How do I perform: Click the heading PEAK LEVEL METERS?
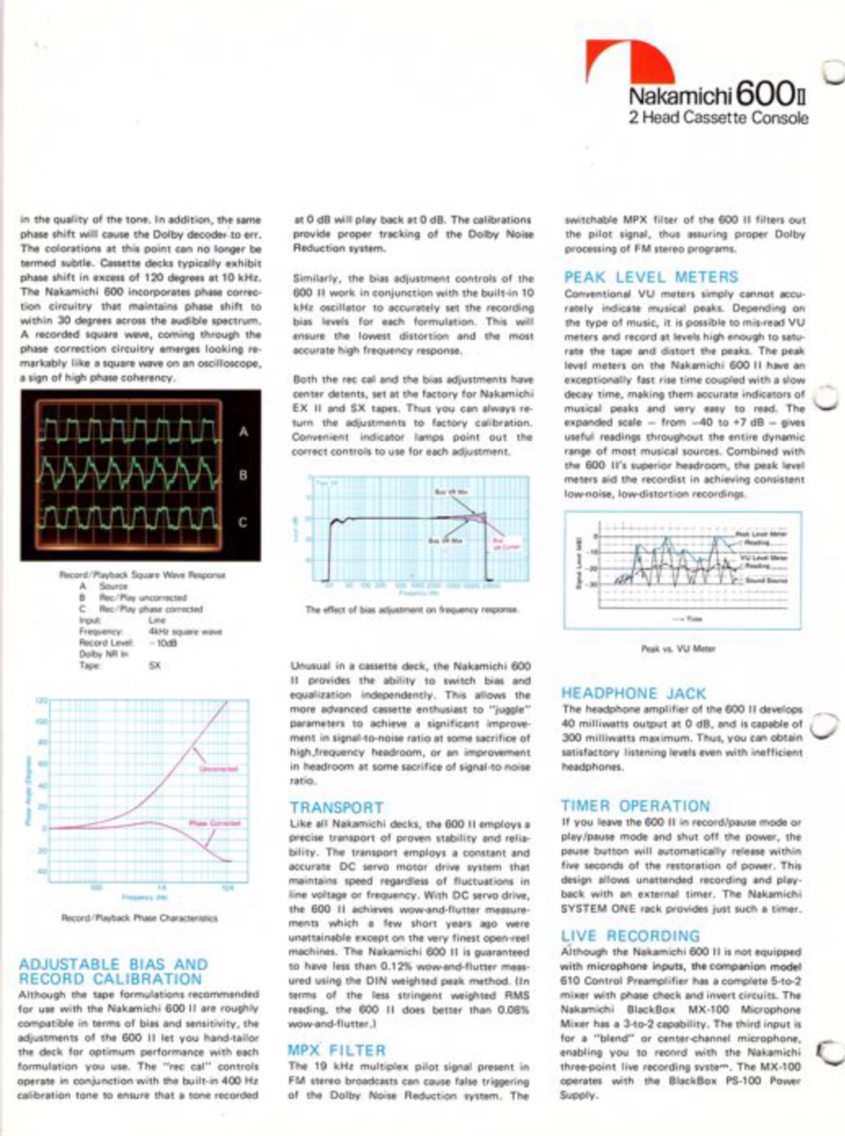pyautogui.click(x=651, y=277)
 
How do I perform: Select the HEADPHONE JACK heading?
pyautogui.click(x=633, y=694)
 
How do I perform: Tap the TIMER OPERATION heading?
pyautogui.click(x=635, y=806)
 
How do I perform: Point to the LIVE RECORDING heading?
pyautogui.click(x=630, y=936)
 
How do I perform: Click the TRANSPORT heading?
pyautogui.click(x=336, y=808)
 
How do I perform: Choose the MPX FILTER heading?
pyautogui.click(x=336, y=1051)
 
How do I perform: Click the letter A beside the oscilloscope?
pyautogui.click(x=243, y=432)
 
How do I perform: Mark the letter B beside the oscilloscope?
pyautogui.click(x=243, y=475)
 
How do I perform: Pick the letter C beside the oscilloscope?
pyautogui.click(x=243, y=522)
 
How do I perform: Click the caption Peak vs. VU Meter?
pyautogui.click(x=678, y=649)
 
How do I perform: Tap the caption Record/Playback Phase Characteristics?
pyautogui.click(x=139, y=918)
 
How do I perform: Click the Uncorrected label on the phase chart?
pyautogui.click(x=218, y=769)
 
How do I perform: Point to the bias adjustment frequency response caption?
pyautogui.click(x=411, y=610)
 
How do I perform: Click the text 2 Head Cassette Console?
pyautogui.click(x=718, y=118)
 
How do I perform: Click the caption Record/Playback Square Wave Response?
pyautogui.click(x=142, y=575)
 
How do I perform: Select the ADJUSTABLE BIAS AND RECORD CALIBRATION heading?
pyautogui.click(x=112, y=972)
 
